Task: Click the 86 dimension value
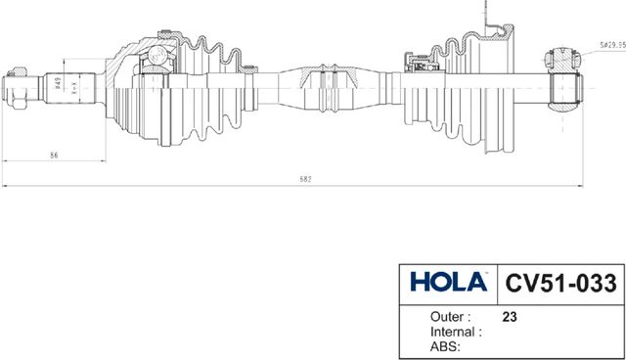pyautogui.click(x=54, y=155)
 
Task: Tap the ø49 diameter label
pyautogui.click(x=59, y=85)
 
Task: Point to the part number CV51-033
pyautogui.click(x=560, y=283)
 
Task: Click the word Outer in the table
pyautogui.click(x=450, y=317)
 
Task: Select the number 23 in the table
pyautogui.click(x=509, y=317)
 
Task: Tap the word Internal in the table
pyautogui.click(x=457, y=332)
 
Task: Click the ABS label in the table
pyautogui.click(x=445, y=345)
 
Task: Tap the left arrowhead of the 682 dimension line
pyautogui.click(x=5, y=186)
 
